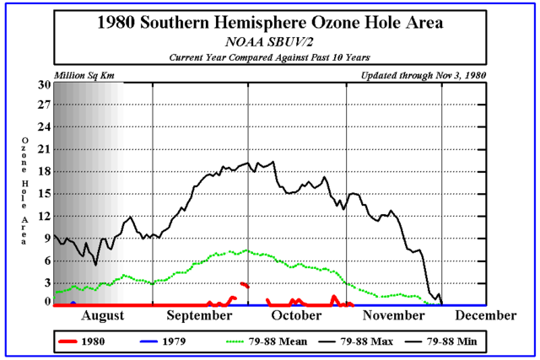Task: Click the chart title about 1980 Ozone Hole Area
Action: (269, 23)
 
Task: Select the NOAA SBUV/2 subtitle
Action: (269, 41)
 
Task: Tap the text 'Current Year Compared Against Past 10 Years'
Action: (269, 56)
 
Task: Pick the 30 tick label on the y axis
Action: (44, 84)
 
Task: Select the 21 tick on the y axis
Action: (44, 149)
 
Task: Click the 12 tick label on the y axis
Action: (44, 215)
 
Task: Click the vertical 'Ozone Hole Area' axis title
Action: (24, 192)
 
